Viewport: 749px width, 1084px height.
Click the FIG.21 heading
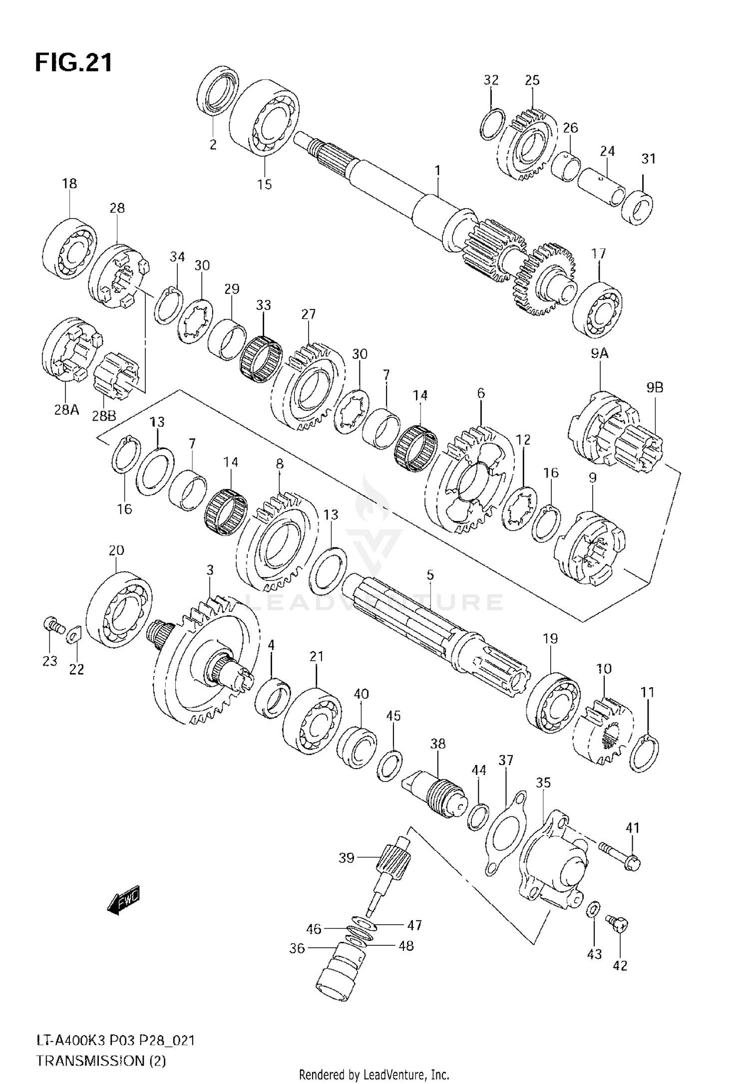pyautogui.click(x=74, y=63)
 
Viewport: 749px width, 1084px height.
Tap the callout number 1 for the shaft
pyautogui.click(x=437, y=171)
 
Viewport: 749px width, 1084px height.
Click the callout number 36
pyautogui.click(x=297, y=962)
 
